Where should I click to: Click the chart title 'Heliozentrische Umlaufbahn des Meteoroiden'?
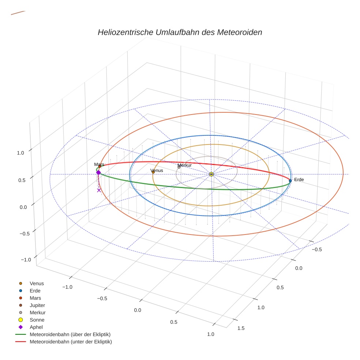(180, 32)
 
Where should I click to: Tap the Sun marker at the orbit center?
(211, 174)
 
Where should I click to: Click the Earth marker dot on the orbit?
(290, 180)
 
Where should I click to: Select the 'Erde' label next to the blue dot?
(299, 180)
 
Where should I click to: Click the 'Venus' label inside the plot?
(157, 170)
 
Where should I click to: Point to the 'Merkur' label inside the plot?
(184, 165)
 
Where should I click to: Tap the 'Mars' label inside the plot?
(99, 165)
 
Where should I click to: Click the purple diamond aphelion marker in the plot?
(98, 172)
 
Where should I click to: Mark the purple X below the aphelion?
(99, 190)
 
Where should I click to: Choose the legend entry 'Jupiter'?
(37, 305)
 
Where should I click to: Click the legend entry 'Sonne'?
(37, 320)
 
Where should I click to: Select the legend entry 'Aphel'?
(37, 327)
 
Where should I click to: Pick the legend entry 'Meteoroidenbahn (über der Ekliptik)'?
(70, 334)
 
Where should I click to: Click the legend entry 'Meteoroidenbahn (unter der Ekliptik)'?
(71, 342)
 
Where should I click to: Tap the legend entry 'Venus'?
(37, 283)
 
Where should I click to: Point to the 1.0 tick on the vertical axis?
(20, 153)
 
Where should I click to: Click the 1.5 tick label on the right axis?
(241, 328)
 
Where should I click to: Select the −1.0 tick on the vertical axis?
(26, 259)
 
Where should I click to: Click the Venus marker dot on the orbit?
(153, 172)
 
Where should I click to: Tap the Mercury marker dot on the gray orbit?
(179, 167)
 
